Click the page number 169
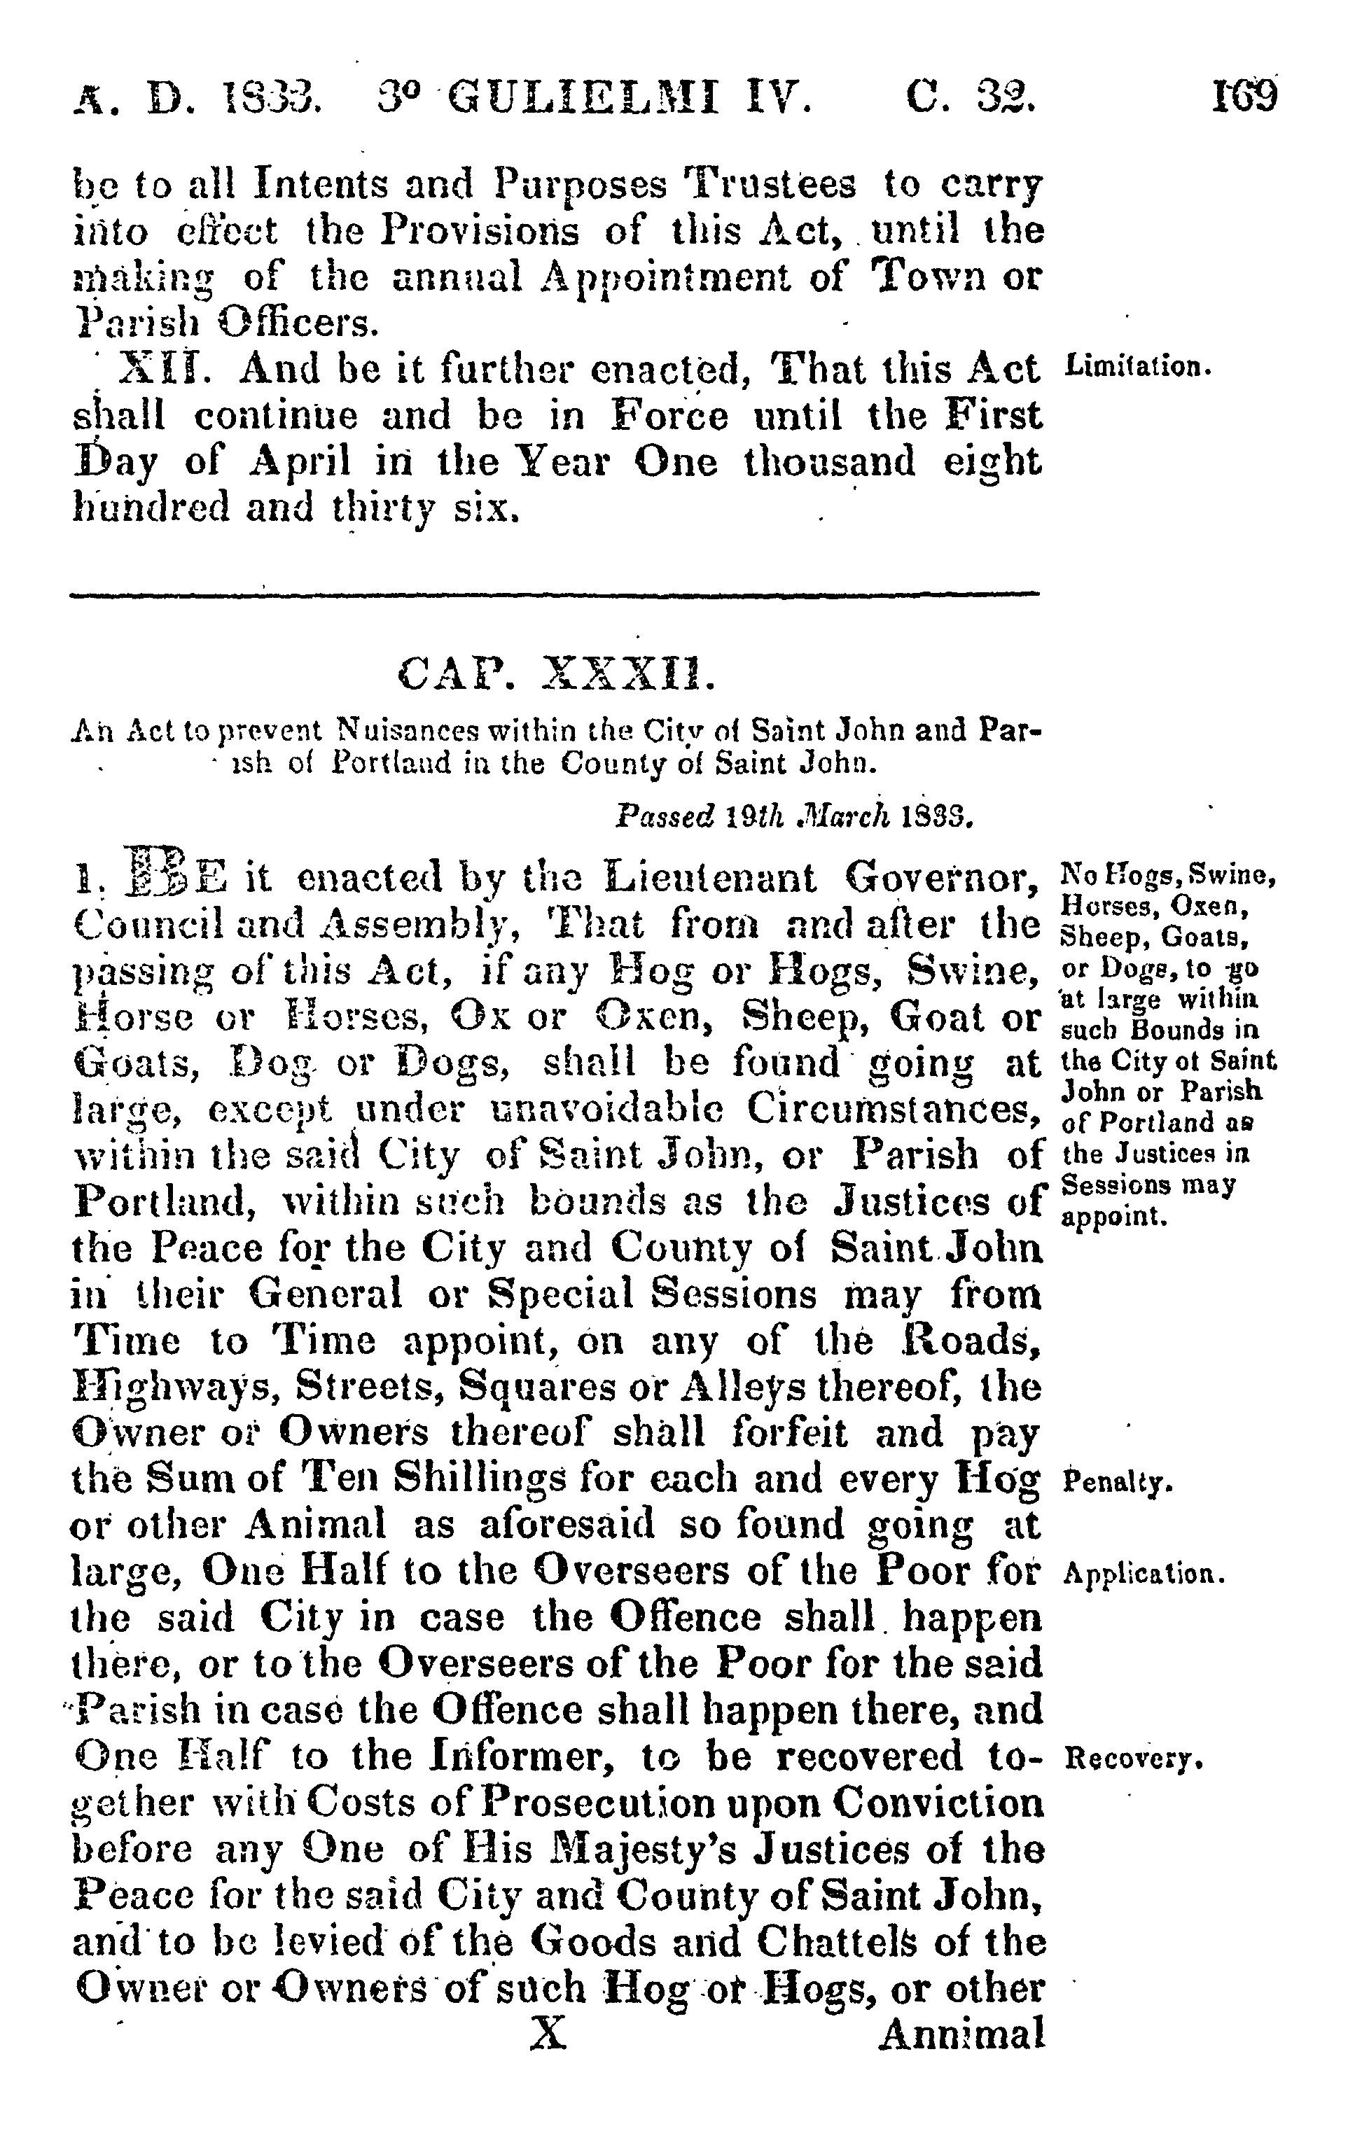pyautogui.click(x=1244, y=96)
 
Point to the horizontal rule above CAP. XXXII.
pyautogui.click(x=554, y=593)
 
